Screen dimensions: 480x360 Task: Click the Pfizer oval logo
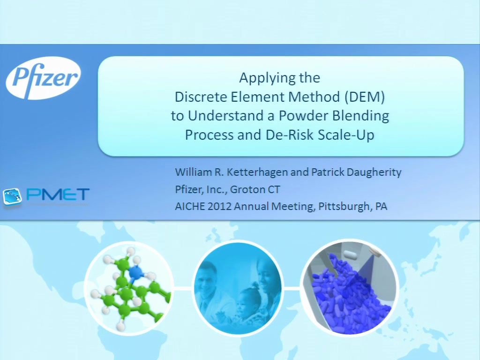click(43, 78)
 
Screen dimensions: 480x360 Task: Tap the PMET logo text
click(58, 194)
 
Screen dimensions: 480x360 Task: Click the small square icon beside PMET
click(13, 196)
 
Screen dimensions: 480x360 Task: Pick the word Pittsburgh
click(344, 207)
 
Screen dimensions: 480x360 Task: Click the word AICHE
click(190, 206)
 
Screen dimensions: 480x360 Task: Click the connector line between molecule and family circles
click(183, 288)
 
